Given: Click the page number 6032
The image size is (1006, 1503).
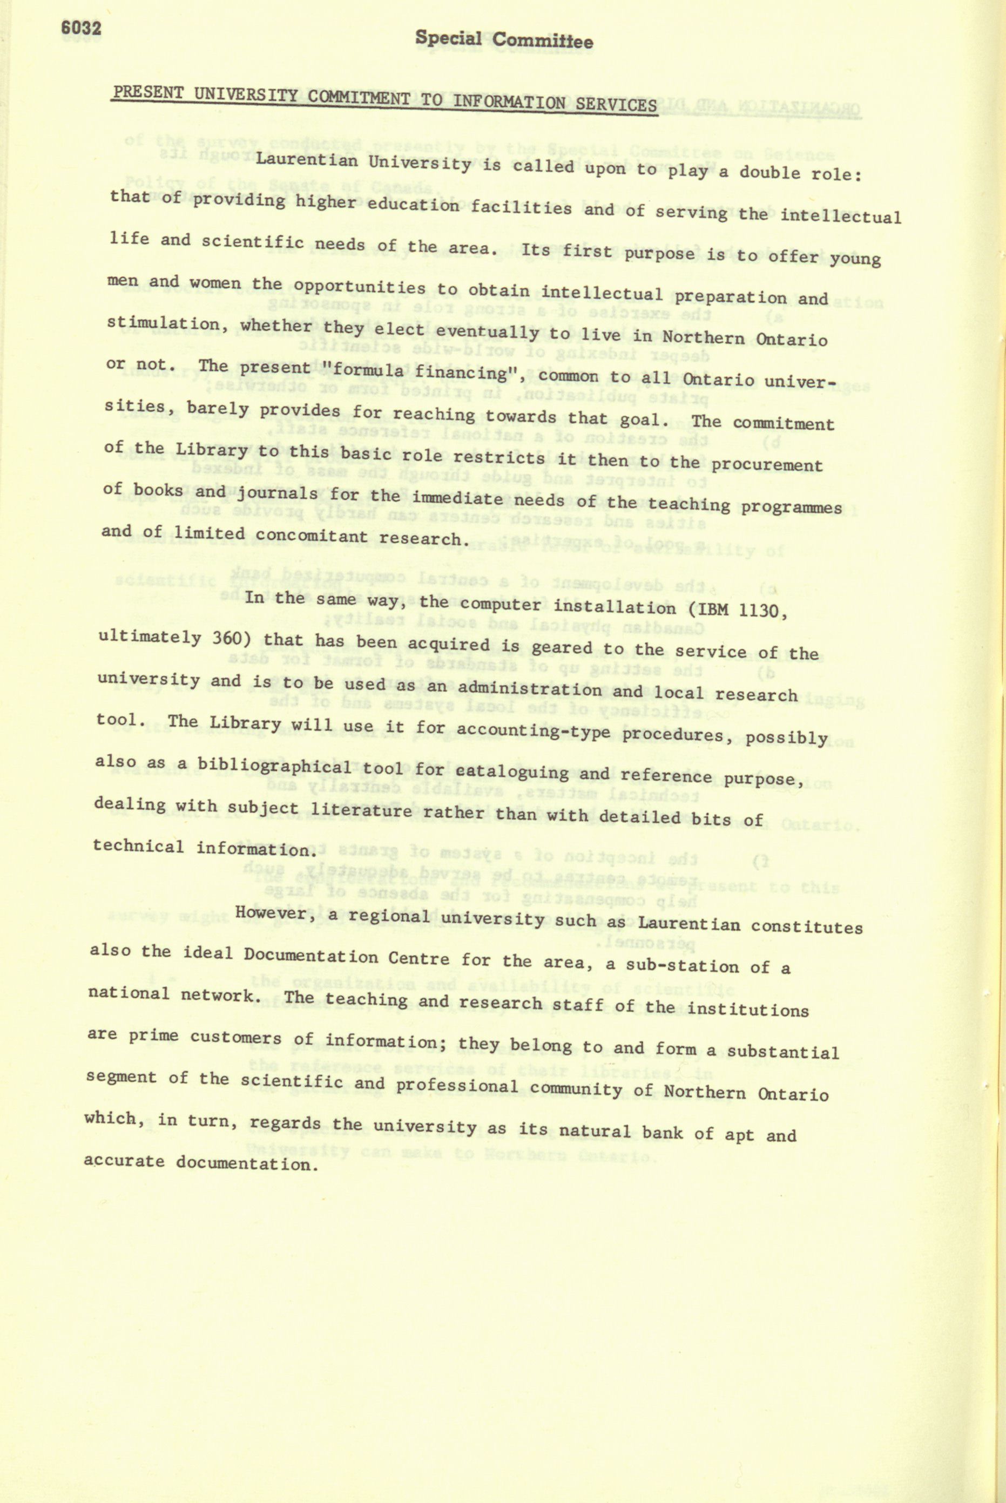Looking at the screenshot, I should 81,28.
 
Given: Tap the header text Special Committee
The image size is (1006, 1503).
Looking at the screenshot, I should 504,40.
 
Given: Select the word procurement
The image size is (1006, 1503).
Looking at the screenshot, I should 767,464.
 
